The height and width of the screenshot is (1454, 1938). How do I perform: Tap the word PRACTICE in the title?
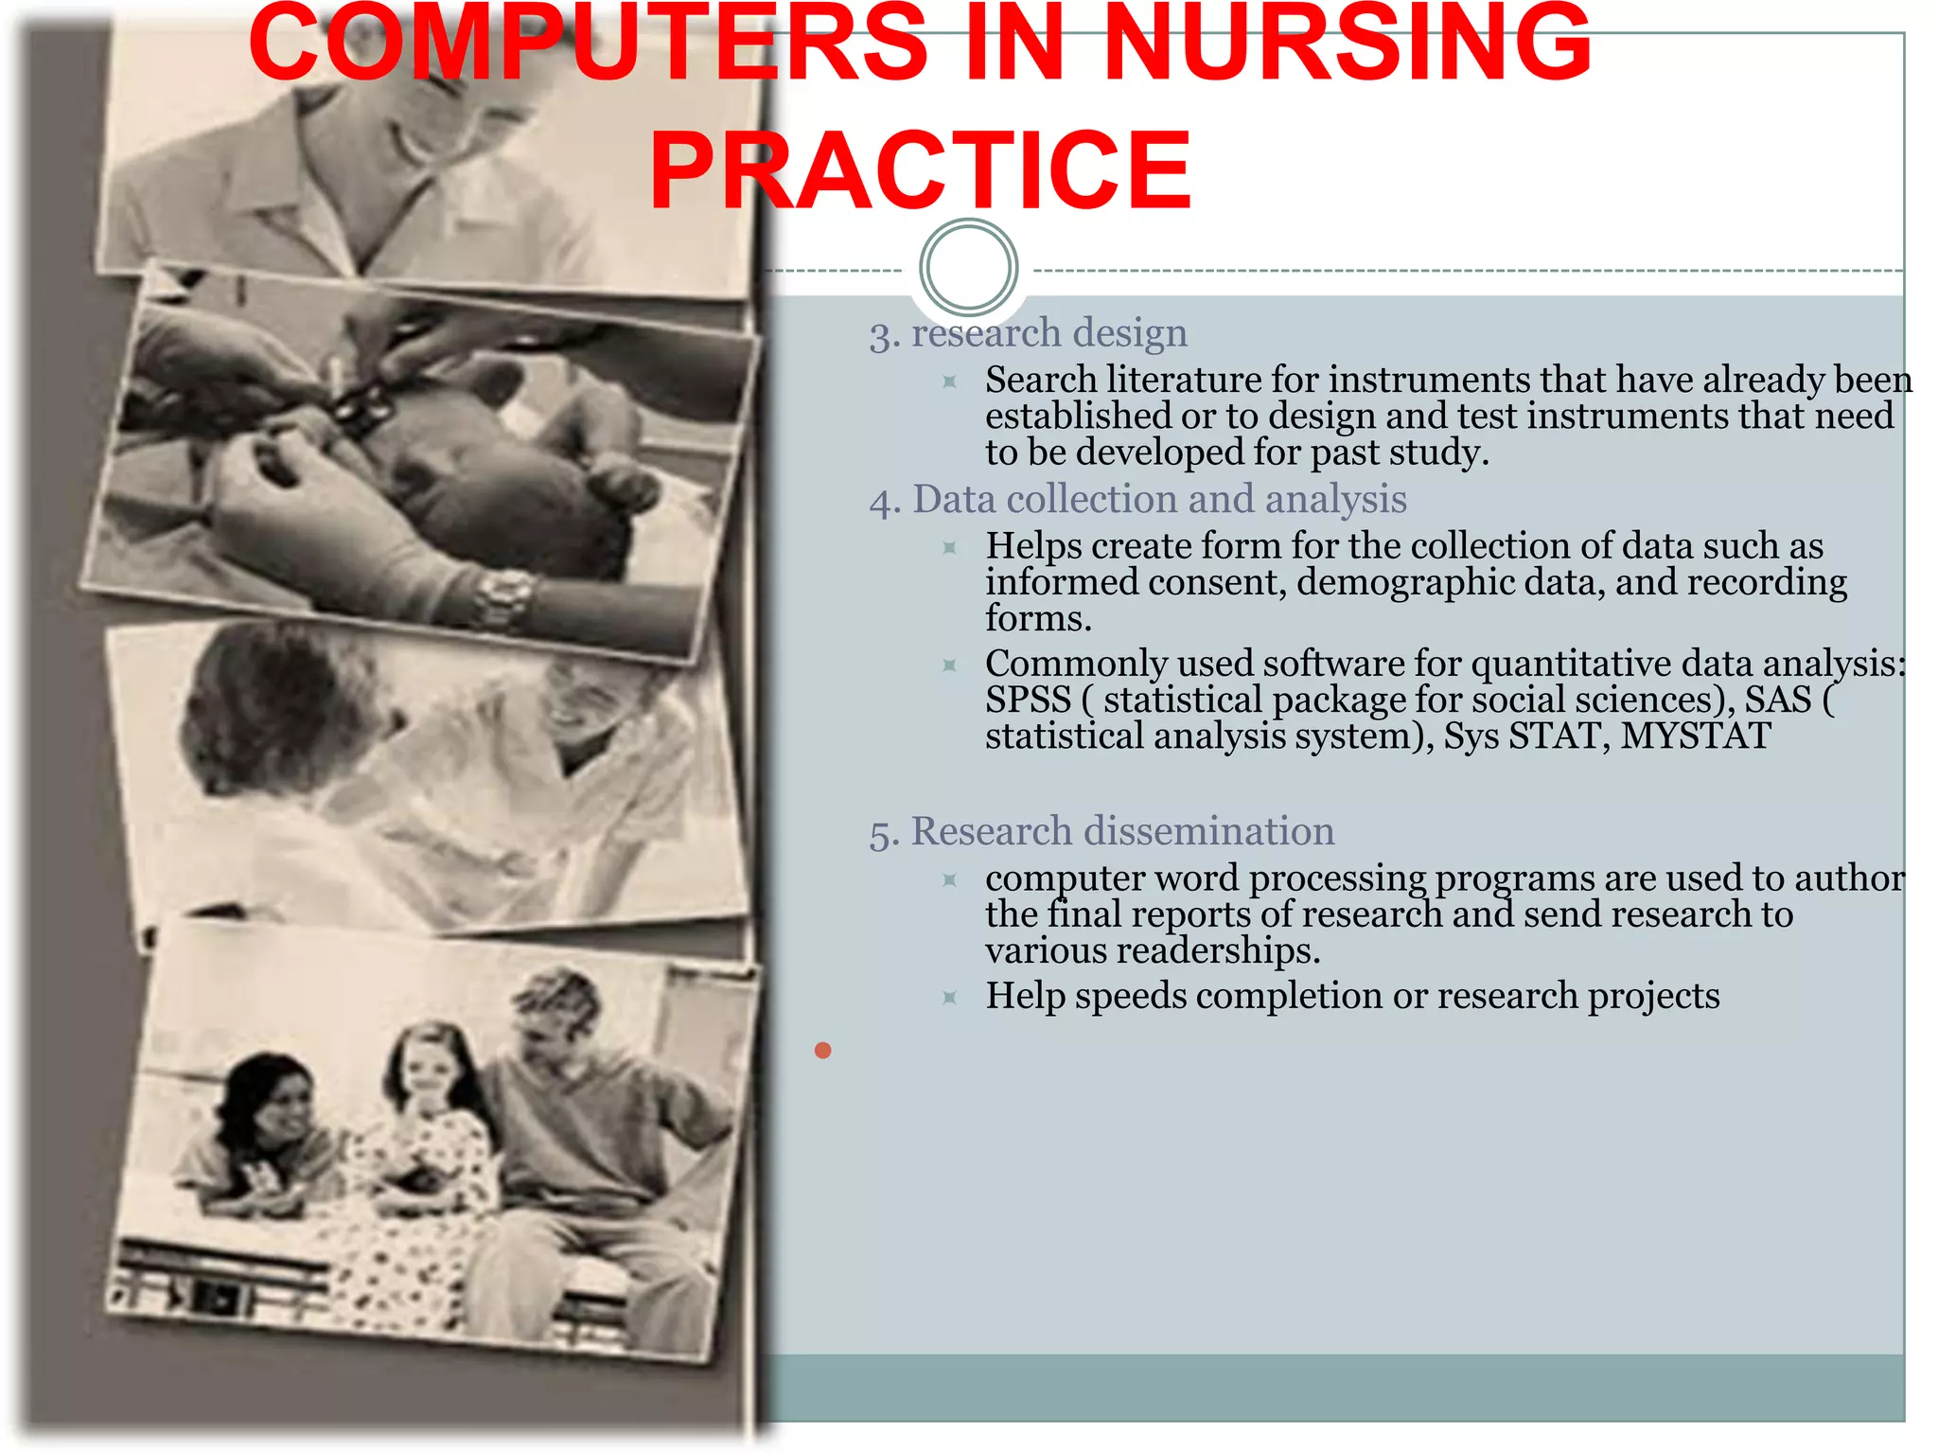pyautogui.click(x=920, y=170)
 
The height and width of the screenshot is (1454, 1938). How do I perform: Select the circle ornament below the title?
pyautogui.click(x=968, y=268)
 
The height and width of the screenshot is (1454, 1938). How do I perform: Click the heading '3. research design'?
pyautogui.click(x=1029, y=334)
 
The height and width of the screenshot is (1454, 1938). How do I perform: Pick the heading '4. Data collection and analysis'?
pyautogui.click(x=1137, y=500)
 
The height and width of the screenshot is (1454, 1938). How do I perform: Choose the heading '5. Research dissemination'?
pyautogui.click(x=1101, y=832)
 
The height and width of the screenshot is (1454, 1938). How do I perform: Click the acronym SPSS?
pyautogui.click(x=1028, y=700)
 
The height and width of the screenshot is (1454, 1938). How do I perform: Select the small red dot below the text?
pyautogui.click(x=822, y=1050)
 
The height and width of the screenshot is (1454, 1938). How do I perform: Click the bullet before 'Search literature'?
pyautogui.click(x=950, y=381)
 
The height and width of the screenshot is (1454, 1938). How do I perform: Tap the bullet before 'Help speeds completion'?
pyautogui.click(x=950, y=997)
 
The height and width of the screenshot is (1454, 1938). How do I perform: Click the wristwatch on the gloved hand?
pyautogui.click(x=502, y=597)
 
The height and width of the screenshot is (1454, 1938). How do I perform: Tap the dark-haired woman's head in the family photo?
pyautogui.click(x=274, y=1098)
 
